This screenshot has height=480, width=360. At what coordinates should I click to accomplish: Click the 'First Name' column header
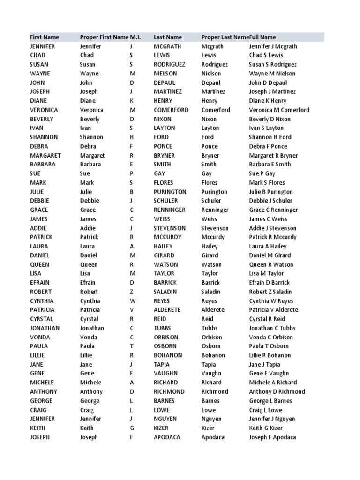pos(45,37)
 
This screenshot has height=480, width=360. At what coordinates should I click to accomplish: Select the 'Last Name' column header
pos(168,37)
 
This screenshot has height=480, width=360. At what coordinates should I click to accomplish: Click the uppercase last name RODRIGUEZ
pos(170,64)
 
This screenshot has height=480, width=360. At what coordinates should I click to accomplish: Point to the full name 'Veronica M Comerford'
pos(279,110)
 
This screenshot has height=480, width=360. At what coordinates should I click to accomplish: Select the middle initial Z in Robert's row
pos(132,292)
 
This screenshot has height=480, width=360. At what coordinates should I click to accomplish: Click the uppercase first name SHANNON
pos(44,137)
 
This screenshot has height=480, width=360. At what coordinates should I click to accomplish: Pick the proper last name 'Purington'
pos(214,192)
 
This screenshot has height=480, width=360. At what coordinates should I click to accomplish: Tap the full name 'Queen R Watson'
pos(271,264)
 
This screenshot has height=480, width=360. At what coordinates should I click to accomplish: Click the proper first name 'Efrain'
pos(88,283)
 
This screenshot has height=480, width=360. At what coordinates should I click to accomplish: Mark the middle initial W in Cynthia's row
pos(132,301)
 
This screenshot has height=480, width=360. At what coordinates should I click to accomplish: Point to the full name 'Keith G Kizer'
pos(266,428)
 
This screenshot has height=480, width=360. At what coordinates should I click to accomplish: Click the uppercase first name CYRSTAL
pos(42,319)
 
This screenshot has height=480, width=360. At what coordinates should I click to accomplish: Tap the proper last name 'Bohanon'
pos(213,355)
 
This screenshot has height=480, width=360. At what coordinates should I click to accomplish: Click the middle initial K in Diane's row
pos(132,101)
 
